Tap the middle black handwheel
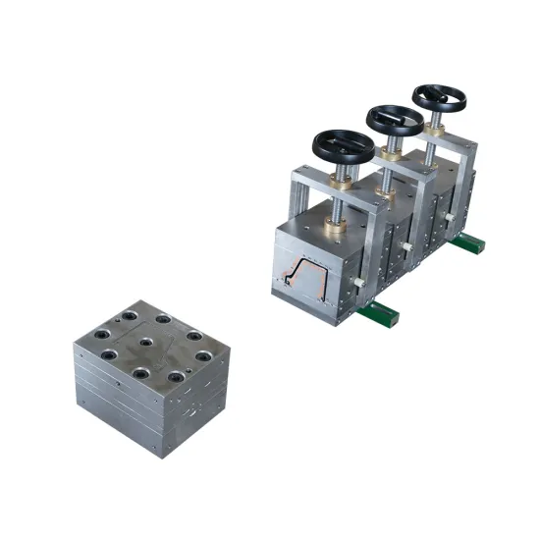395,120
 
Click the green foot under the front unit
379,314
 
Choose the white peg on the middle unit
409,244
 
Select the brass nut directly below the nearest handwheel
345,179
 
